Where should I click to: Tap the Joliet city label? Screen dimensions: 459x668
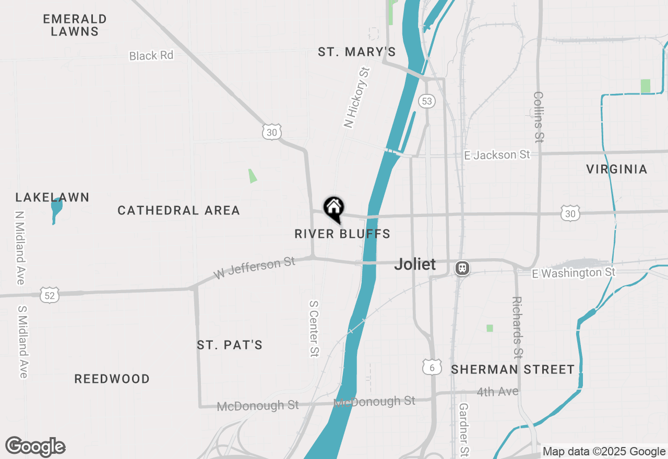[415, 264]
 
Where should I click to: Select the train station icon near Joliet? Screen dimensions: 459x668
[462, 268]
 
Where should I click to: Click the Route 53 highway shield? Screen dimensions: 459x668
[427, 101]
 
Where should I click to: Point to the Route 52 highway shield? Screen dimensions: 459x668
[49, 295]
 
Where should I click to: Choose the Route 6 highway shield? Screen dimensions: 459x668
[432, 367]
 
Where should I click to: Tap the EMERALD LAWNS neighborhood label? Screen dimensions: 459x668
[75, 25]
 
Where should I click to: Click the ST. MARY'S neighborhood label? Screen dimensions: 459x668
[357, 52]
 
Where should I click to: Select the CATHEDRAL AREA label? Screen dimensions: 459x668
[178, 210]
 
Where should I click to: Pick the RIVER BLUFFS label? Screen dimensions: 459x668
[342, 234]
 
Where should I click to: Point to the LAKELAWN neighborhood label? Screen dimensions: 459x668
[52, 197]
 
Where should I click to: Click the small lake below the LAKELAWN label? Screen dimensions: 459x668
[56, 209]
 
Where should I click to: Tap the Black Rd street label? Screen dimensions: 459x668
[151, 55]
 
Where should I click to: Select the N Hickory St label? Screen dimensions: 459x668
[356, 98]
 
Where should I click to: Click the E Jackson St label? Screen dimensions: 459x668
[497, 155]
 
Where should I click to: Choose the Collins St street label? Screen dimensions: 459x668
[539, 117]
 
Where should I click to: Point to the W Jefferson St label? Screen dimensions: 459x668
[255, 268]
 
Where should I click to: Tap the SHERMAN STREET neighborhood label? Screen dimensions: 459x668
[512, 370]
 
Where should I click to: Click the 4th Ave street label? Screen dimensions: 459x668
[497, 392]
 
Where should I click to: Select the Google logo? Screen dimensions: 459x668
[35, 446]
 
